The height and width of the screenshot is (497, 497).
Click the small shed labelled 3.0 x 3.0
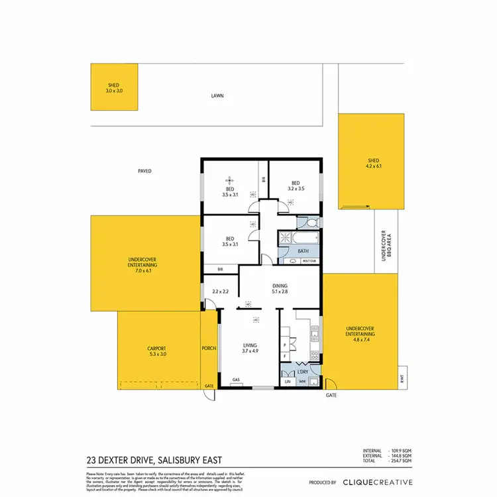point(115,87)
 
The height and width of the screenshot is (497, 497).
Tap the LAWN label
point(217,95)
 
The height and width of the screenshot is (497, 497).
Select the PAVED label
point(144,171)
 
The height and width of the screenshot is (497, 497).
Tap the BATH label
point(303,251)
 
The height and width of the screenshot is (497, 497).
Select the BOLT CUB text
point(308,262)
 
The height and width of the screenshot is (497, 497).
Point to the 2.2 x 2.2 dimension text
point(220,292)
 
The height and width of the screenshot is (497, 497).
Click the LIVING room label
point(250,345)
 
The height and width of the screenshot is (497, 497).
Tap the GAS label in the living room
point(235,380)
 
